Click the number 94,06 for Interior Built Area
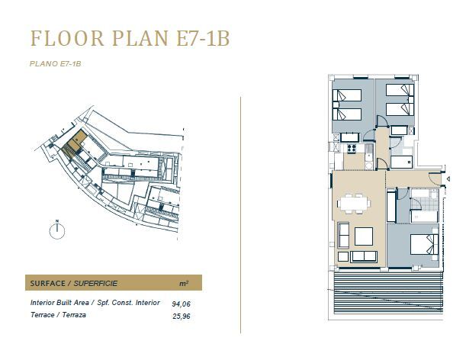click(x=181, y=304)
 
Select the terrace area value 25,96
click(x=181, y=316)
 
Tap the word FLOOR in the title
click(x=67, y=38)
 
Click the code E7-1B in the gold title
click(x=203, y=38)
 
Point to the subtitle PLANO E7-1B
click(x=55, y=64)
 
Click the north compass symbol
click(x=57, y=230)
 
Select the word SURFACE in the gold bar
click(x=47, y=283)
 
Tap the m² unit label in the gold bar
click(x=184, y=283)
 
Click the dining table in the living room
click(x=354, y=204)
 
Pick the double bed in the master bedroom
click(x=424, y=244)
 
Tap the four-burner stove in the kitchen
click(x=352, y=148)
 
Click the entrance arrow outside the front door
click(x=448, y=178)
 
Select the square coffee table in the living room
click(x=364, y=236)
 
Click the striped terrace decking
click(x=388, y=293)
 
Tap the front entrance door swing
click(x=435, y=179)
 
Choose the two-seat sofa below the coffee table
click(x=364, y=256)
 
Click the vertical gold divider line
click(x=240, y=215)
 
